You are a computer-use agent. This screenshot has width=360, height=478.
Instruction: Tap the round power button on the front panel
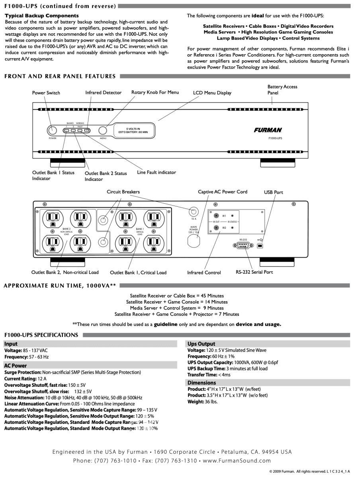tap(52, 130)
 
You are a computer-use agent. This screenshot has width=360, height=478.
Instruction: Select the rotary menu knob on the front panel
tap(103, 130)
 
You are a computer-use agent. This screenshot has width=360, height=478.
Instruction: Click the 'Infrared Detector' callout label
tap(103, 93)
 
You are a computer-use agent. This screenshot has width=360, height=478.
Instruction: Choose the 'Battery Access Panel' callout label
tap(282, 90)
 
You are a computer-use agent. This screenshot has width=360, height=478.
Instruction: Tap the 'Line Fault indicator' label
tap(157, 172)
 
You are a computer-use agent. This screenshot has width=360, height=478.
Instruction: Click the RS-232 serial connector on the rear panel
tap(243, 245)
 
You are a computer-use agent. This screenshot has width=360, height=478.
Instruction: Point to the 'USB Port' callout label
tap(274, 192)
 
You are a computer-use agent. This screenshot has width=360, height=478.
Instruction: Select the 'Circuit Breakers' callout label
tap(123, 192)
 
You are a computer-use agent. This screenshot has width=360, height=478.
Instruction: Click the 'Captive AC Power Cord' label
tap(223, 192)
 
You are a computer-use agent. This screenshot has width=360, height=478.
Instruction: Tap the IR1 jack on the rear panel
tap(216, 215)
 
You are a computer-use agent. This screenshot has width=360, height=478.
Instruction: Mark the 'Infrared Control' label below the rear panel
tap(204, 273)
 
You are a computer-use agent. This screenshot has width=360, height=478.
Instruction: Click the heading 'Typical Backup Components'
tap(42, 16)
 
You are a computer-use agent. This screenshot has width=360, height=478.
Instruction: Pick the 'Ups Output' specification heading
tap(201, 344)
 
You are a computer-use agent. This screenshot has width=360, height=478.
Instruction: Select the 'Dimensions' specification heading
tap(202, 383)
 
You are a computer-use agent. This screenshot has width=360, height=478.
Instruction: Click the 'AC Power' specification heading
tap(16, 366)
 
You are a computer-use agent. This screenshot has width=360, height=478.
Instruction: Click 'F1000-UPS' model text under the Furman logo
tap(275, 138)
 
